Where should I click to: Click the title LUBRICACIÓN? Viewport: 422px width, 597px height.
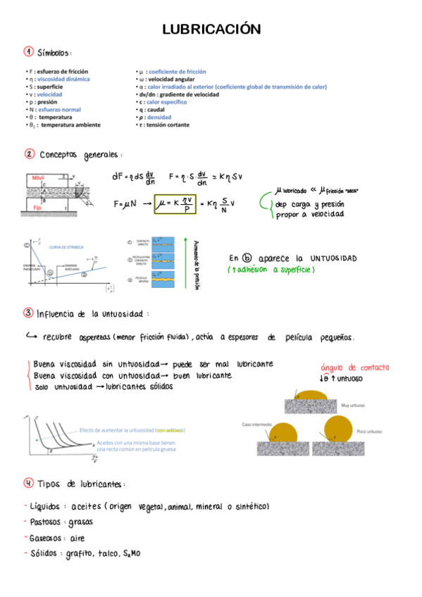click(211, 29)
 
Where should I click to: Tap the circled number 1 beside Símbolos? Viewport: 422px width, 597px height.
click(28, 53)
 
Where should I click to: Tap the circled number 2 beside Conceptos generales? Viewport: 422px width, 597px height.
click(28, 154)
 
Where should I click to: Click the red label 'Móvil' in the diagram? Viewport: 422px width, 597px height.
click(37, 179)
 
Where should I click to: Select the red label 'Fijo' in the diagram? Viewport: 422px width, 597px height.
click(37, 208)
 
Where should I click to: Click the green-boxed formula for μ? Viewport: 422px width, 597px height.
click(173, 203)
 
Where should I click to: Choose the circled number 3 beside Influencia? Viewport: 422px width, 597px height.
click(28, 313)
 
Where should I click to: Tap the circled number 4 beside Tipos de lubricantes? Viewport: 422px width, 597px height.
click(28, 483)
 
